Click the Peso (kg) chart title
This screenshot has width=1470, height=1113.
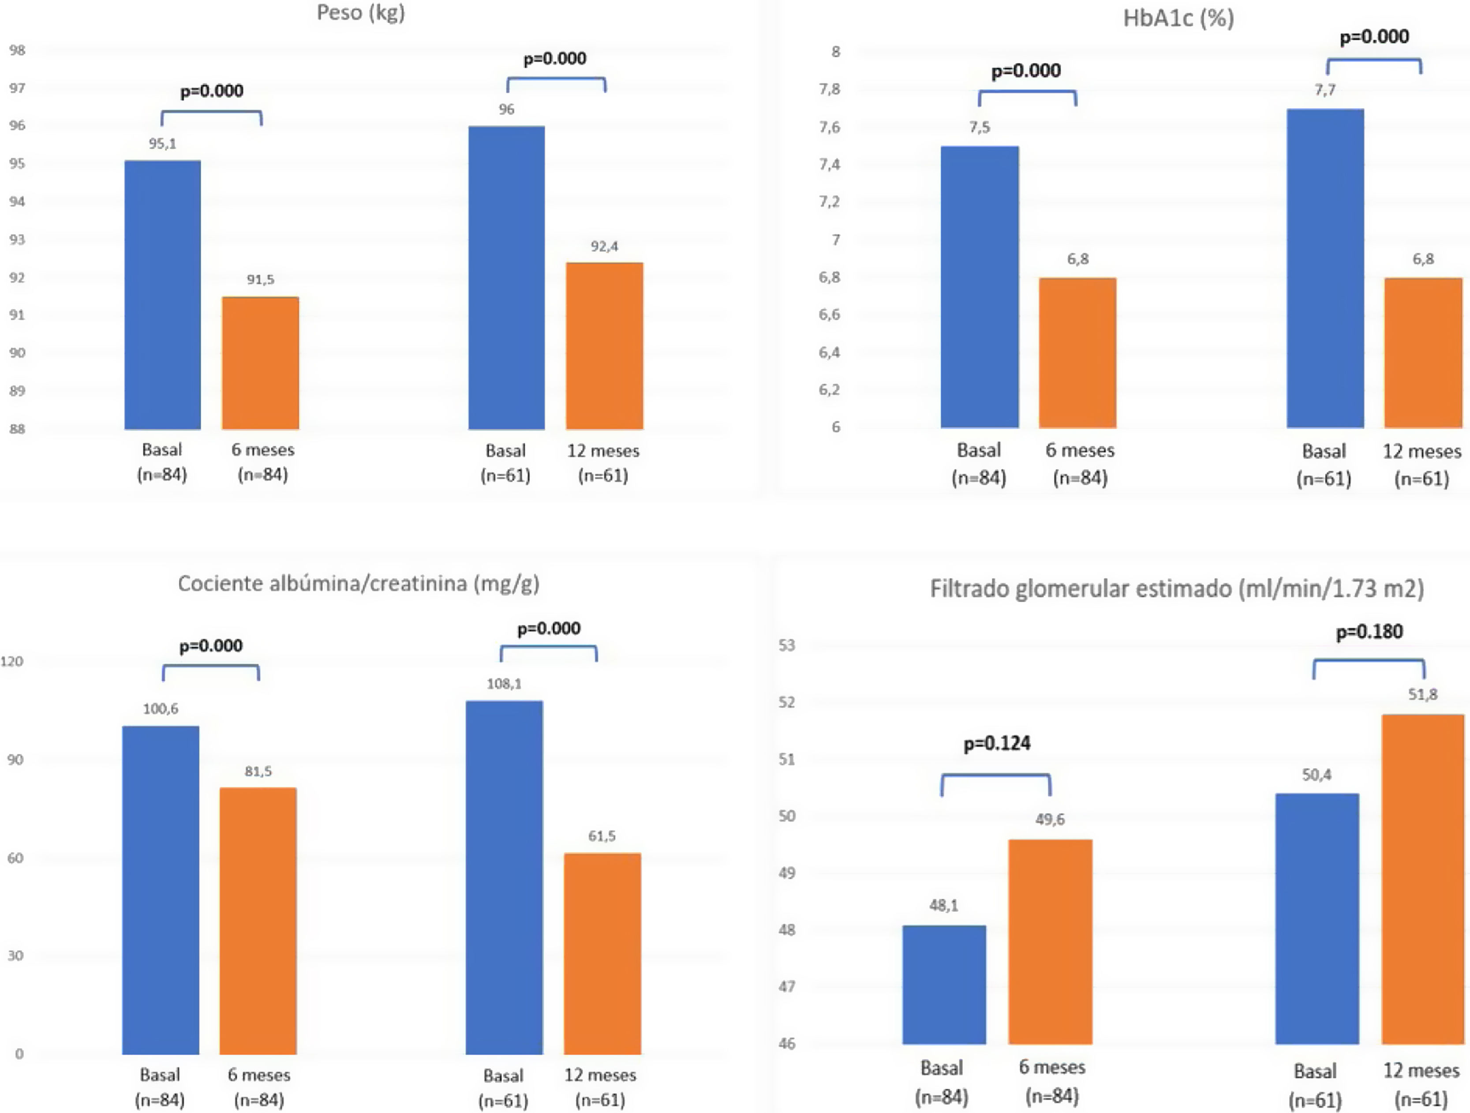click(361, 13)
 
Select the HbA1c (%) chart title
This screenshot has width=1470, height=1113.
click(1178, 18)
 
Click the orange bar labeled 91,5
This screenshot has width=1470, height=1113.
click(261, 363)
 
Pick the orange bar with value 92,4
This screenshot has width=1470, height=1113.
click(604, 346)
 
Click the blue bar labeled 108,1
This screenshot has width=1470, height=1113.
click(505, 877)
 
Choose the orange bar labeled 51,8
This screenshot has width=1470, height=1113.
click(1422, 879)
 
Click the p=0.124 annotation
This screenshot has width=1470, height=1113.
click(997, 743)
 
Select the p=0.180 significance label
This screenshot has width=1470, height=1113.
click(1369, 632)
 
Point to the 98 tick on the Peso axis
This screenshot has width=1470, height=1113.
click(17, 50)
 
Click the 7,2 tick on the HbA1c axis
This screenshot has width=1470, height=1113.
click(829, 202)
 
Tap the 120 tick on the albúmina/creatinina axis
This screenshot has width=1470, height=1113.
click(11, 661)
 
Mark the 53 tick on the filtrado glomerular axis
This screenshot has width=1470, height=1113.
click(786, 645)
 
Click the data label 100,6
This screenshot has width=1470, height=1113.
click(161, 709)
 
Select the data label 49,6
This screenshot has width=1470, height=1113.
click(1050, 820)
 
